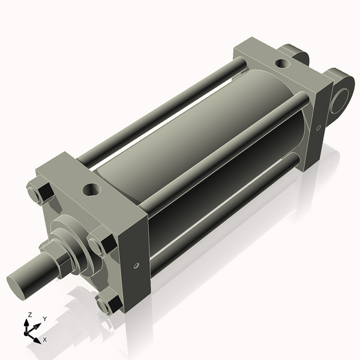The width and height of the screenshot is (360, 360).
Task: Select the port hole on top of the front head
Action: click(x=91, y=191)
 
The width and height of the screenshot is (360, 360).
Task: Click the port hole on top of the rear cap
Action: click(x=280, y=63)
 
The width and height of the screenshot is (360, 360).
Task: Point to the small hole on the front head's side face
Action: click(x=137, y=265)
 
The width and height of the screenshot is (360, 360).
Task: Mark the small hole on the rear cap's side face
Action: click(x=320, y=127)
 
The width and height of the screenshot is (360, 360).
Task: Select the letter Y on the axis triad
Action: click(x=44, y=319)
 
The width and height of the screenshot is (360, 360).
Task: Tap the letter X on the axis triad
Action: click(x=45, y=340)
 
